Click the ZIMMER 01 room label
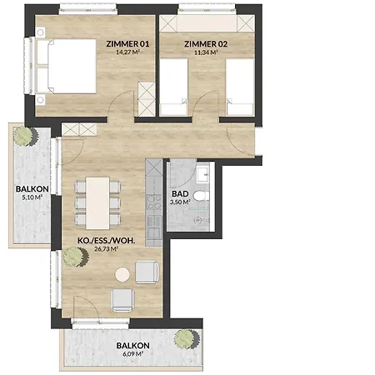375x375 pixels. [127, 44]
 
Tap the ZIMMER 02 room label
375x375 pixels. [206, 44]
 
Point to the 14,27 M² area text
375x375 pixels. [127, 52]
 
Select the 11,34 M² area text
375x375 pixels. [206, 52]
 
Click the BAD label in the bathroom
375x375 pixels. [180, 193]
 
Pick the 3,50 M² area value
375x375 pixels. [180, 202]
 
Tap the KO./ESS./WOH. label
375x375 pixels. [107, 241]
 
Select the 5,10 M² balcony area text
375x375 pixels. [32, 197]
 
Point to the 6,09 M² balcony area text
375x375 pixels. [132, 354]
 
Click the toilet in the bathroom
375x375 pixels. [202, 196]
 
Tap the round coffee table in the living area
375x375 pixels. [122, 275]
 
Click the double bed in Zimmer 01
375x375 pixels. [66, 66]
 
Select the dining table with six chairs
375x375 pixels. [97, 203]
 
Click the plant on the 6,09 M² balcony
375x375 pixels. [187, 339]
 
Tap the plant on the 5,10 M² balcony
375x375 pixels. [26, 136]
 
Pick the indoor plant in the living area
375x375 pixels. [75, 257]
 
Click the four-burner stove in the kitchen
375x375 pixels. [154, 202]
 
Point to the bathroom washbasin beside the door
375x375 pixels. [203, 173]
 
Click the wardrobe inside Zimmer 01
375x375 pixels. [147, 99]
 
